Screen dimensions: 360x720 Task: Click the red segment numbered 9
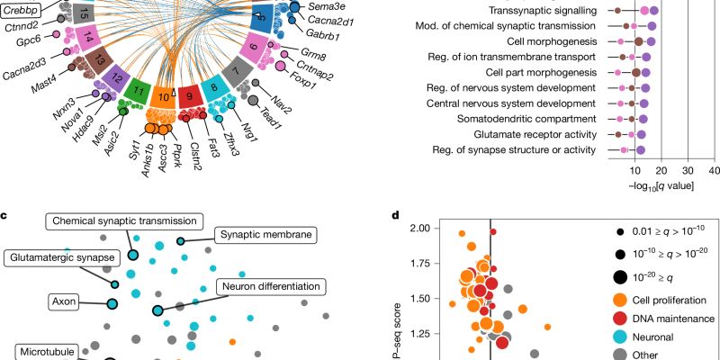click(x=188, y=93)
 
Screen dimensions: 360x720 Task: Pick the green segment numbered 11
click(x=136, y=90)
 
